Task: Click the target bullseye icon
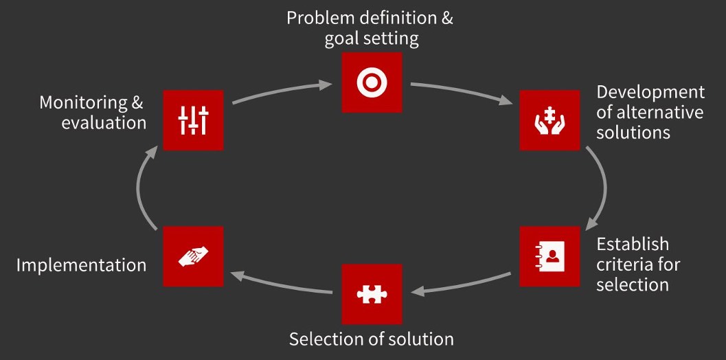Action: [372, 82]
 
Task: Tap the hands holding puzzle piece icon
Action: [549, 120]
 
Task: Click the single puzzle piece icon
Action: [372, 294]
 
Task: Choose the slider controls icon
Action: [193, 120]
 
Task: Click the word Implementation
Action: [82, 265]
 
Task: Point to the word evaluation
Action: [104, 123]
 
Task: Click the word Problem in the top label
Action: [319, 18]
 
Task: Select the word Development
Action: [650, 93]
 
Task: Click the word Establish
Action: [633, 244]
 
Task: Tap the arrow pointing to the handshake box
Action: [281, 284]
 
